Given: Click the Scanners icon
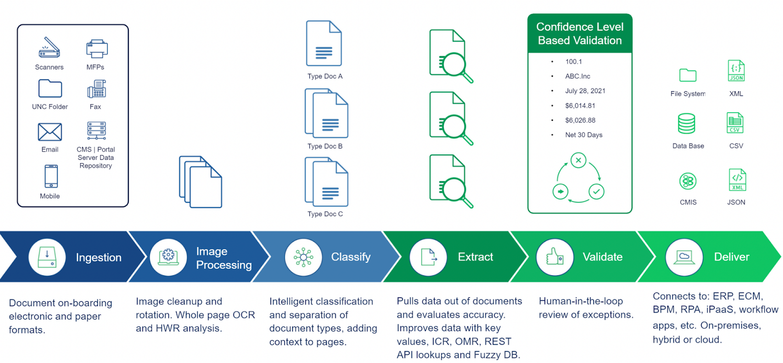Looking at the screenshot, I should (49, 48).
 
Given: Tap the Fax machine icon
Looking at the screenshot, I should (96, 89).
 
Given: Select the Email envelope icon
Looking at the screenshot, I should (50, 132).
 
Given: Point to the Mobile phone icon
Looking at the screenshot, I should (51, 176).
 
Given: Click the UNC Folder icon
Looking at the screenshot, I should (50, 89).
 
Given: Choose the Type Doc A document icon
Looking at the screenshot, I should (324, 44).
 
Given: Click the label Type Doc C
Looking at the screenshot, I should (325, 214).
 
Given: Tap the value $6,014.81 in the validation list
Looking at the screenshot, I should (580, 106).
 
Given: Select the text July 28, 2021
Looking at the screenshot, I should (585, 91).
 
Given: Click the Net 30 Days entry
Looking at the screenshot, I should (583, 135).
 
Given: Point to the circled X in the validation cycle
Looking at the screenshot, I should (578, 160).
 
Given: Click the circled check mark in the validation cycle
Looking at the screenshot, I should (596, 192).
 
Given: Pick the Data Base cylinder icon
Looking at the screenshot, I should (686, 123).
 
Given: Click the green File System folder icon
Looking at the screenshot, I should (688, 75).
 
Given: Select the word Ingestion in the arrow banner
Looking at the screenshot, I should (98, 258).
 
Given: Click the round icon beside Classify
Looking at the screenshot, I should (303, 257).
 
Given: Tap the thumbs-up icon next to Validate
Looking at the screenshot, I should (554, 257).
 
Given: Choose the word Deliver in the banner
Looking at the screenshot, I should (731, 257).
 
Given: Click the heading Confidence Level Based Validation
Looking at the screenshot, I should (579, 34).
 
